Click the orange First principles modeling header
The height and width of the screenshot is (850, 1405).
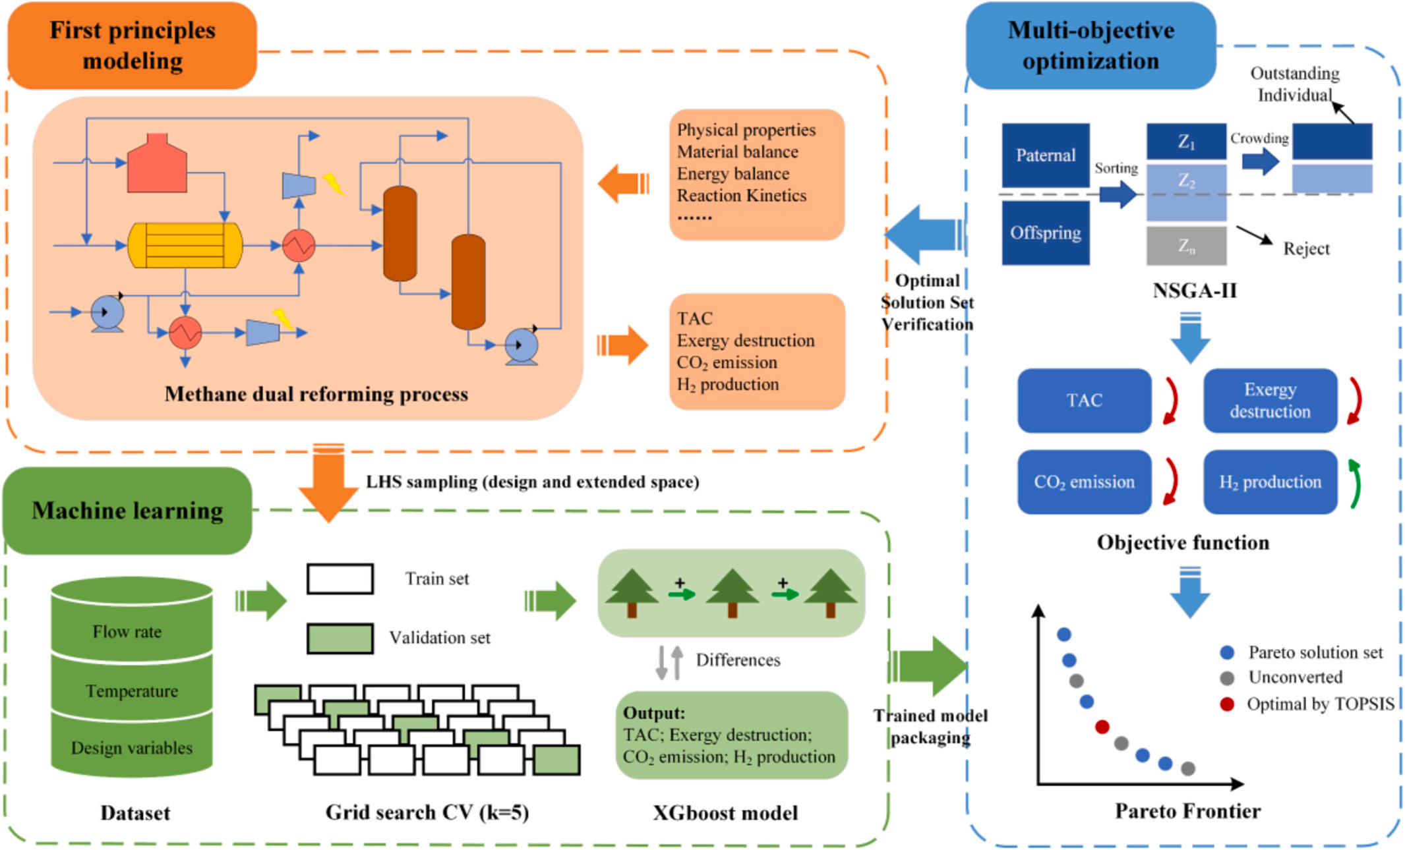tap(132, 45)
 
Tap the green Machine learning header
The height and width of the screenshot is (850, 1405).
tap(127, 511)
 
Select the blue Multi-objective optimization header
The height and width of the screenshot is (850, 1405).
tap(1091, 45)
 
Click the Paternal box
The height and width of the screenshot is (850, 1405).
tap(1046, 156)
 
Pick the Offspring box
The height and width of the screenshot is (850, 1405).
tap(1046, 233)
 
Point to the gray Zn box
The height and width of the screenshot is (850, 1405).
tap(1186, 246)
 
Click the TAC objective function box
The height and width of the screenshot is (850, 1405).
tap(1084, 401)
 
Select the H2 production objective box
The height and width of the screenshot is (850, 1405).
tap(1270, 482)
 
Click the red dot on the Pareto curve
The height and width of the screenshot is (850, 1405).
tap(1102, 727)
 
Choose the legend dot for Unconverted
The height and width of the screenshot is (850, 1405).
tap(1227, 678)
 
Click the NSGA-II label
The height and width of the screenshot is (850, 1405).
tap(1194, 291)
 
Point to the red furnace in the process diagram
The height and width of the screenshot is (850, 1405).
tap(157, 165)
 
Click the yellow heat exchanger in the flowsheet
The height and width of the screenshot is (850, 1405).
tap(185, 246)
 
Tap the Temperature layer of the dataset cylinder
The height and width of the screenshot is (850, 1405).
tap(132, 691)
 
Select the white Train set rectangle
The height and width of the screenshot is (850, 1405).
tap(340, 579)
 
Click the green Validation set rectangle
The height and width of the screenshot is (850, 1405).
tap(340, 638)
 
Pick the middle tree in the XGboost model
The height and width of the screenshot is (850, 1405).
tap(732, 592)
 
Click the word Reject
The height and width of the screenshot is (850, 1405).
tap(1306, 249)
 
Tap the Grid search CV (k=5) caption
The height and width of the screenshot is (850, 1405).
tap(427, 812)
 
